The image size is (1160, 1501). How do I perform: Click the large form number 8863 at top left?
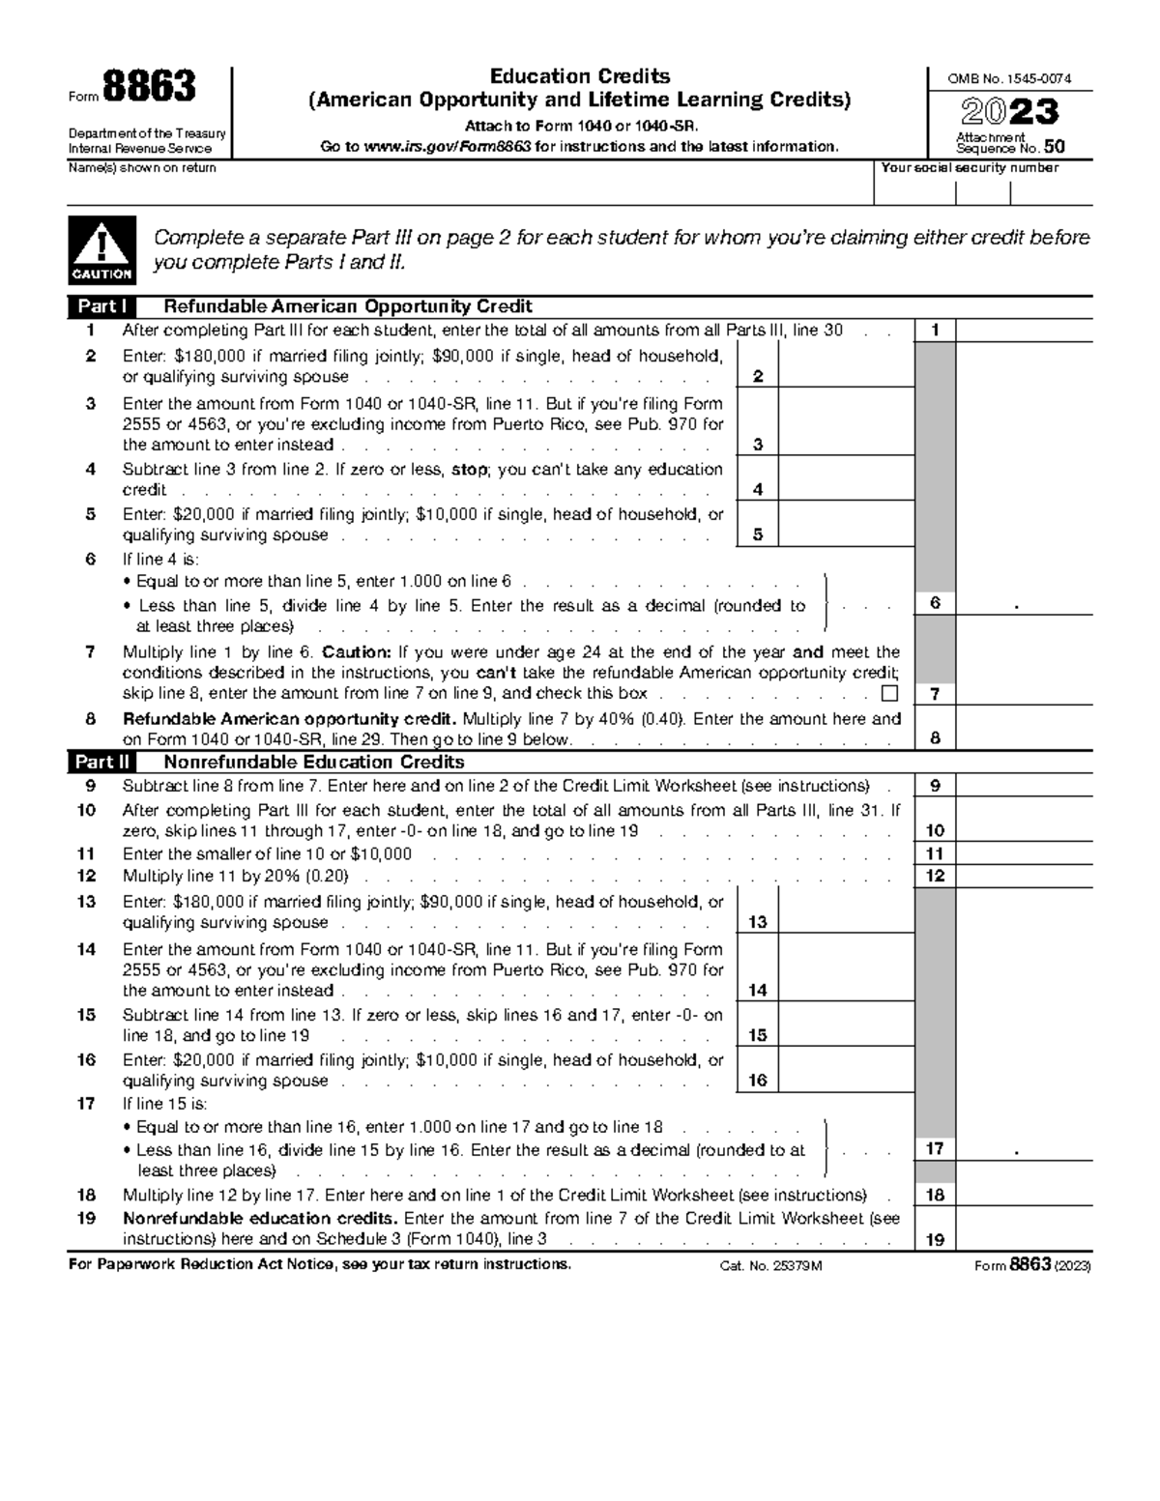click(149, 89)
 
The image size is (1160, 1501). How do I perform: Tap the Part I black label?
click(101, 307)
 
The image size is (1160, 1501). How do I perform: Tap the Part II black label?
click(101, 763)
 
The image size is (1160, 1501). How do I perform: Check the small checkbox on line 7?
click(889, 694)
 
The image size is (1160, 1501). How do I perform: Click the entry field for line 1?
click(1024, 331)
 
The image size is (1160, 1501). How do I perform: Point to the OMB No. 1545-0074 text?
click(1010, 79)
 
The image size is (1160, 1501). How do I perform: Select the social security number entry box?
click(982, 192)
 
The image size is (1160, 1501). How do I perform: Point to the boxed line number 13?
click(757, 922)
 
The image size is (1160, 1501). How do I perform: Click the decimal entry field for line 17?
click(1024, 1149)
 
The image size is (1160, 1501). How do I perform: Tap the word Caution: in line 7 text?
click(358, 652)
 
